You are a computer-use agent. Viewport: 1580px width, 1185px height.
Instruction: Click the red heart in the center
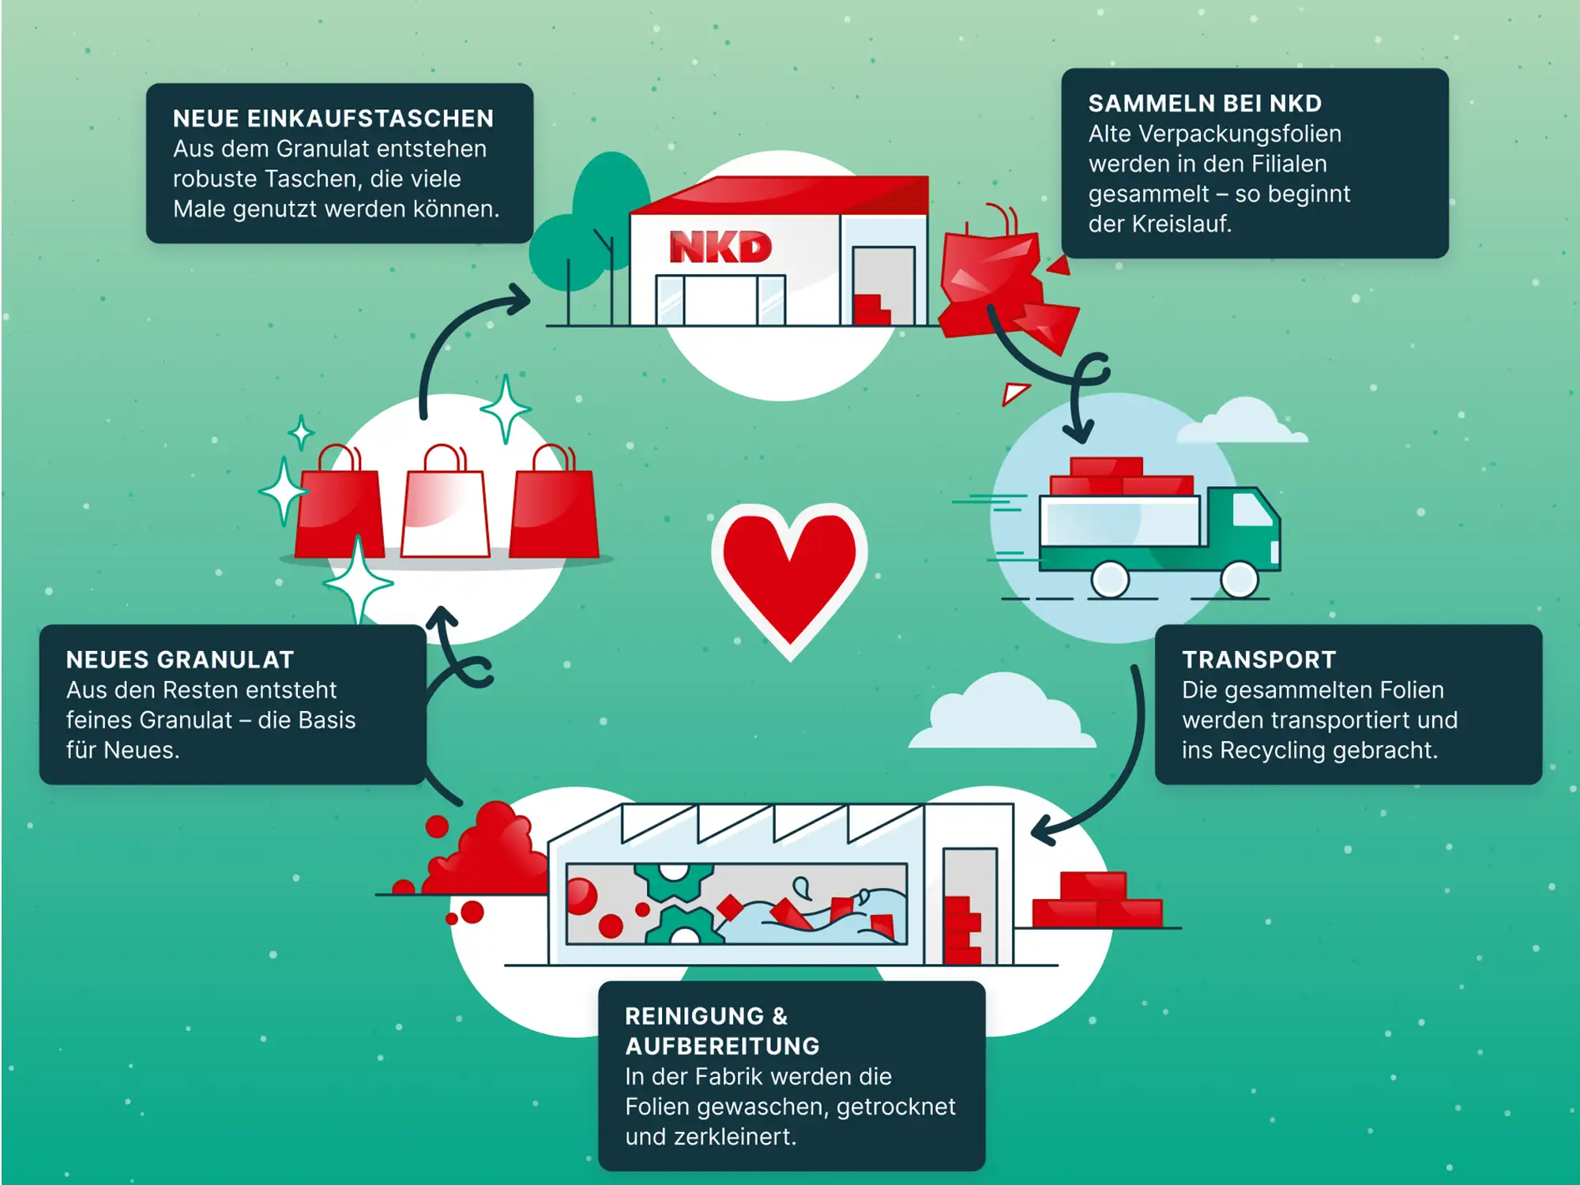[789, 573]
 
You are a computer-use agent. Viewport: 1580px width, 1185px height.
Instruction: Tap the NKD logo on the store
[720, 247]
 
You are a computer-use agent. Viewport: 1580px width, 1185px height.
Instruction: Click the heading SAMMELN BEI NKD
[1205, 103]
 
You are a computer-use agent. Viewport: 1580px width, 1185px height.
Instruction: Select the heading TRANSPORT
[1258, 660]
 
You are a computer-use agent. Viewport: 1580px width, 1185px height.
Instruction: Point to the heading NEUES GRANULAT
[180, 660]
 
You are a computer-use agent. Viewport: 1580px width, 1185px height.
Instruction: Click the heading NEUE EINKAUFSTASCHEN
[333, 118]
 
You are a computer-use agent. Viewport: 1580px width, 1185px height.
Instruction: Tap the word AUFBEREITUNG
[722, 1046]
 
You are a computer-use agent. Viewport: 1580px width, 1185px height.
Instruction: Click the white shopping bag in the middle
[446, 510]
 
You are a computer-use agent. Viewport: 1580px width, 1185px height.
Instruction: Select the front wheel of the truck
[1239, 579]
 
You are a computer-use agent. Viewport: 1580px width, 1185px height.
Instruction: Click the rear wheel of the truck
[1110, 579]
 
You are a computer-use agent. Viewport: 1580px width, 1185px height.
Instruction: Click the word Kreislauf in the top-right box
[1181, 224]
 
